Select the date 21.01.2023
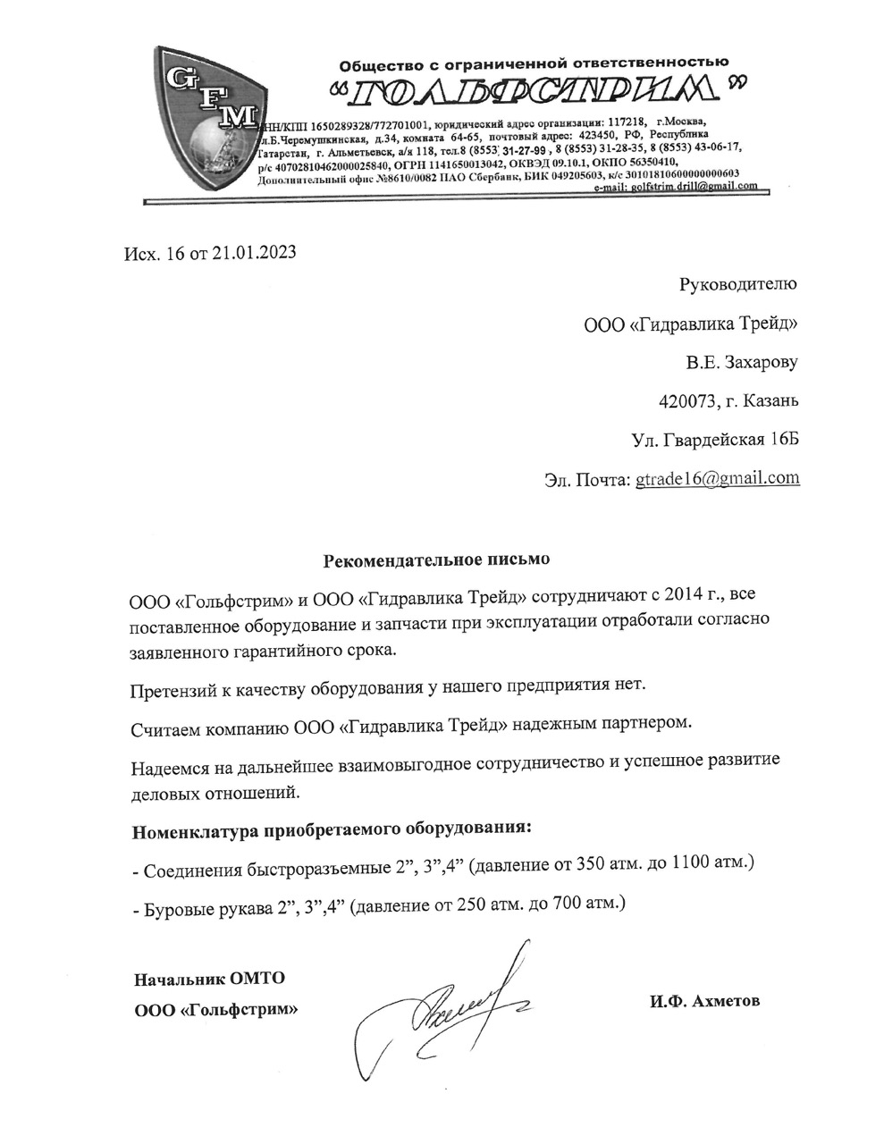pos(254,253)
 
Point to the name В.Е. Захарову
pos(741,362)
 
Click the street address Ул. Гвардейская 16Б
pos(714,439)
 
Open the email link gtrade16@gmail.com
pos(717,478)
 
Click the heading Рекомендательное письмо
pos(437,560)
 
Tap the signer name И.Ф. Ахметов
pos(704,1001)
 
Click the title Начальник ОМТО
pos(209,979)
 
